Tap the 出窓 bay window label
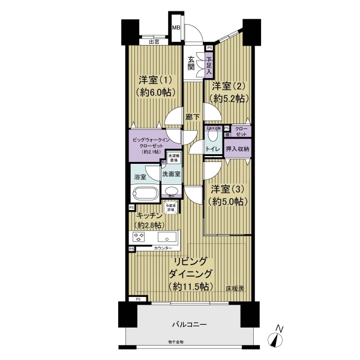[x=154, y=41]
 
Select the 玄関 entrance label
[x=191, y=62]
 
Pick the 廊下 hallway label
[x=192, y=118]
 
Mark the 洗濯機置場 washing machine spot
[x=174, y=160]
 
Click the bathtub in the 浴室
[x=144, y=194]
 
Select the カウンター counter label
[x=163, y=248]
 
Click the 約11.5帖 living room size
[x=190, y=286]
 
